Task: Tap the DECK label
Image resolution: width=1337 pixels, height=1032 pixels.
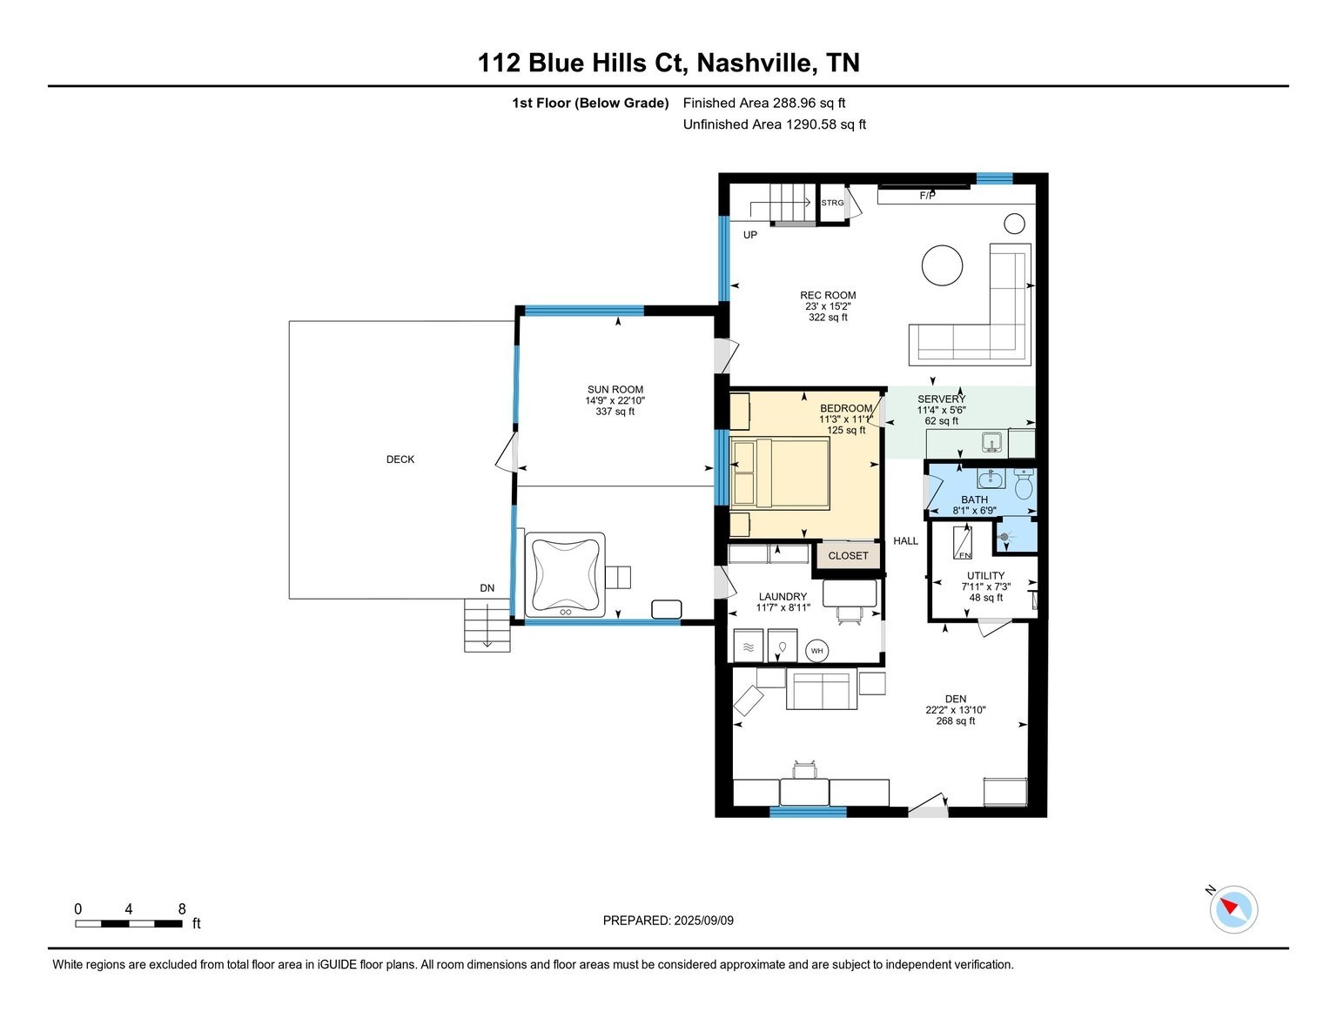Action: tap(400, 459)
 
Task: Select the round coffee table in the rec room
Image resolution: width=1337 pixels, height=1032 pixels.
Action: tap(942, 265)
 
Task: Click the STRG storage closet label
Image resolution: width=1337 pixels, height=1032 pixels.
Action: tap(832, 203)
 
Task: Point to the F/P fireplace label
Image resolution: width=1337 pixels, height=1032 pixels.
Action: tap(927, 196)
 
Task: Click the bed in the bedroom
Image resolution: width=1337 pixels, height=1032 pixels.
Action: tap(781, 472)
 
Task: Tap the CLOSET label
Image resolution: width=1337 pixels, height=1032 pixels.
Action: tap(848, 556)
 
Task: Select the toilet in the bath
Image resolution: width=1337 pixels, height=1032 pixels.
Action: tap(1023, 484)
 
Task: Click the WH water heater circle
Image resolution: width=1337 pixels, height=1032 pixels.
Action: tap(816, 650)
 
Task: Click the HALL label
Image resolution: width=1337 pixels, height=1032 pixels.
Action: tap(905, 541)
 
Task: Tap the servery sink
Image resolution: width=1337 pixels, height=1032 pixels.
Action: tap(991, 443)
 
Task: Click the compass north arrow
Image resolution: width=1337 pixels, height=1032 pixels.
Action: tap(1231, 908)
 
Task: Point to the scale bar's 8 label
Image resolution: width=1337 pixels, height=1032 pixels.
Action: tap(181, 909)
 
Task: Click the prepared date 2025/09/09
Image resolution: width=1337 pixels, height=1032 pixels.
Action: tap(703, 921)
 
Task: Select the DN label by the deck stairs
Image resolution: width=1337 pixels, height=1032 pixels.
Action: tap(487, 588)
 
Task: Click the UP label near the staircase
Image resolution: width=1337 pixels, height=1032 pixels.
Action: tap(749, 235)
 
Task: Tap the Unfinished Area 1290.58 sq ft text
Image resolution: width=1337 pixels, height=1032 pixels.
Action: tap(774, 124)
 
